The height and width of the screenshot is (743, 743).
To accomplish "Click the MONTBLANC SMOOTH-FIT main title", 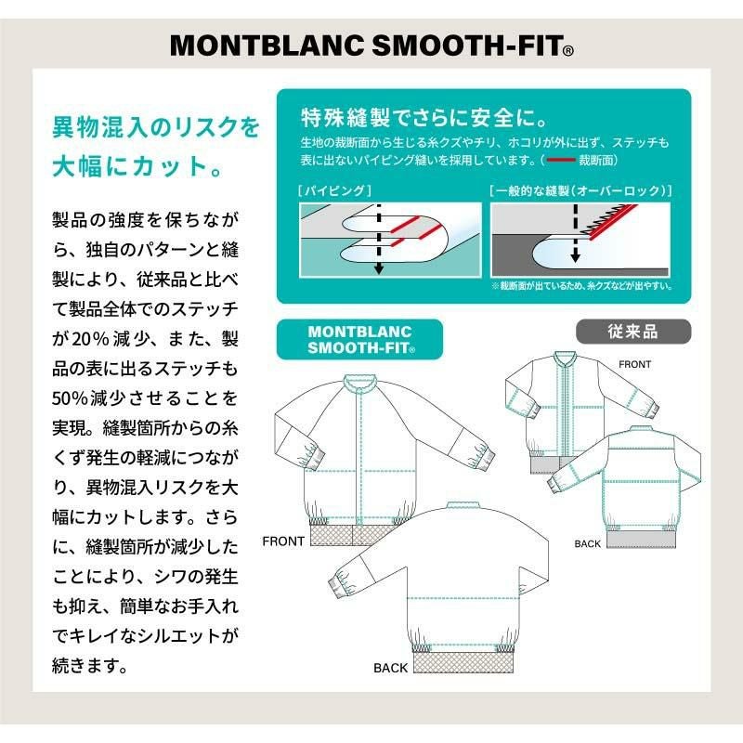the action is click(371, 46).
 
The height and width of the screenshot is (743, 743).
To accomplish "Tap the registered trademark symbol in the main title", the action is click(568, 51).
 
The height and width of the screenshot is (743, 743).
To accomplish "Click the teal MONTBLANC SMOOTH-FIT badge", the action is click(359, 339).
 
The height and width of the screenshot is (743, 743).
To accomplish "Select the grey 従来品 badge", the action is click(633, 332).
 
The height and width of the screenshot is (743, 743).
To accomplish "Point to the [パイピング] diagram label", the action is click(334, 191).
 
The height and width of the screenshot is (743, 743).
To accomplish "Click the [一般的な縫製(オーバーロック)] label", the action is click(581, 191).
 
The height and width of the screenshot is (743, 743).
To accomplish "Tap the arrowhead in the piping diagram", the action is click(378, 269).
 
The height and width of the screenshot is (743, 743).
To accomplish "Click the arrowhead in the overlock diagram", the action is click(575, 258).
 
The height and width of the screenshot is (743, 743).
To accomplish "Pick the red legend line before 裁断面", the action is click(561, 160).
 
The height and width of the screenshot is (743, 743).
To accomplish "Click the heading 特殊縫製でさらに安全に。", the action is click(424, 118).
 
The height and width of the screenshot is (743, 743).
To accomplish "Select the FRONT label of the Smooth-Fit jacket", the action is click(283, 541).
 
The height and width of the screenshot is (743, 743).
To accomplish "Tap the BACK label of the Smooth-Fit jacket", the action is click(390, 668).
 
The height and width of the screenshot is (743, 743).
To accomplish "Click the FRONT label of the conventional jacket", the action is click(635, 364).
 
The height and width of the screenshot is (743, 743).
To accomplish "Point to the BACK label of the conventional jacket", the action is click(588, 544).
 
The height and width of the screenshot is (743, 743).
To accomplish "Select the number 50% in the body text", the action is click(71, 399).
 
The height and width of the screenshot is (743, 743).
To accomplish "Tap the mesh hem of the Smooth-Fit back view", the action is click(463, 661).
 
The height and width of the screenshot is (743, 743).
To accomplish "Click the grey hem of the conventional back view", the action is click(642, 539).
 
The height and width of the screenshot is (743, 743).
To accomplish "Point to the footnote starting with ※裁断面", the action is click(582, 286).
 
